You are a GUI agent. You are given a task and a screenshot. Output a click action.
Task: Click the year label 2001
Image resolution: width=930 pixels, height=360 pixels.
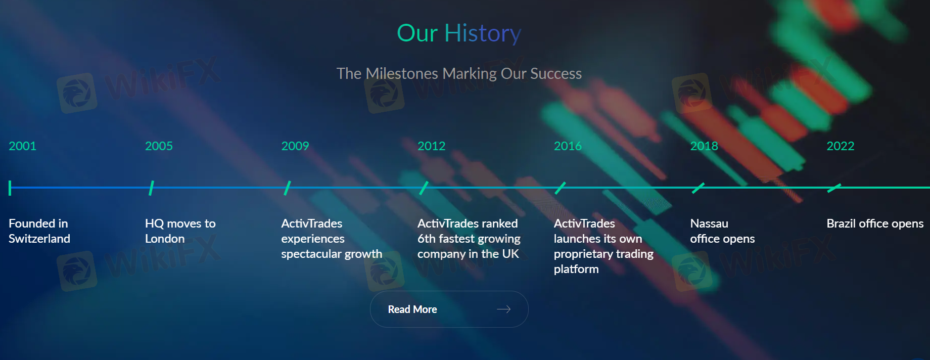(x=23, y=146)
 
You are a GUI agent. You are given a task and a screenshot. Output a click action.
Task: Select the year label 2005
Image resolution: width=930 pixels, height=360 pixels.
(x=159, y=146)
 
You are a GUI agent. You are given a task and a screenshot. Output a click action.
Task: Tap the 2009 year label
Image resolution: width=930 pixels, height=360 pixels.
(x=295, y=146)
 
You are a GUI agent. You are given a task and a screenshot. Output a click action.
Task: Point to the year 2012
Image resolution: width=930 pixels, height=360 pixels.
(x=431, y=146)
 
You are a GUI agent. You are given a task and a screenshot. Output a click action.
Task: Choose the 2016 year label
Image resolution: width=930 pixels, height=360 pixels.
(x=568, y=146)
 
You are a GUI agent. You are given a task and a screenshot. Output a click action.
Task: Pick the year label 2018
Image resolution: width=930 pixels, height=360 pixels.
(x=704, y=146)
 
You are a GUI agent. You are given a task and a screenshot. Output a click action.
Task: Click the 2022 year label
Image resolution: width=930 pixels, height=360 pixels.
(x=841, y=146)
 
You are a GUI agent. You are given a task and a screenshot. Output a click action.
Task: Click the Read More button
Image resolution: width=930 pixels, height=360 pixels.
(x=449, y=309)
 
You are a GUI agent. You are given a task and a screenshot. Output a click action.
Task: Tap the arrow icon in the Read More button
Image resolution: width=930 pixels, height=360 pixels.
(x=504, y=309)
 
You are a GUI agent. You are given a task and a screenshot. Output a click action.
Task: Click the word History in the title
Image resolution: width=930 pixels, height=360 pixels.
(x=483, y=33)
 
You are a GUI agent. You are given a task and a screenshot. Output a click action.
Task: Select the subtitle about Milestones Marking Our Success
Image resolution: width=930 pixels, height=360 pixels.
(x=459, y=74)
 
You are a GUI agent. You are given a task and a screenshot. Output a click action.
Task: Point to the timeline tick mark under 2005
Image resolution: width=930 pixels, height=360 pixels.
(x=152, y=188)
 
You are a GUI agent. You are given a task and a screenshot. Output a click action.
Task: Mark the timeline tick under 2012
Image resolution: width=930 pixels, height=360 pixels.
(x=424, y=188)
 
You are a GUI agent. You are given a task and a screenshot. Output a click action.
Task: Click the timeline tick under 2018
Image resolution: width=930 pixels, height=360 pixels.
(x=698, y=188)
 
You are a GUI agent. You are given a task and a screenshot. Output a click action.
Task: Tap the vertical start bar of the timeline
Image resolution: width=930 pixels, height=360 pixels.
(x=10, y=188)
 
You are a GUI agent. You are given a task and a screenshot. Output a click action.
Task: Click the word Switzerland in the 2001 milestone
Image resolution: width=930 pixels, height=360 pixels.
(x=39, y=239)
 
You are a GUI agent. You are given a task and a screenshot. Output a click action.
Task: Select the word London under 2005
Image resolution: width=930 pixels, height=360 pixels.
(x=165, y=239)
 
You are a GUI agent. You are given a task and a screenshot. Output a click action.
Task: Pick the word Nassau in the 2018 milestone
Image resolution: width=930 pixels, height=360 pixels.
(x=709, y=223)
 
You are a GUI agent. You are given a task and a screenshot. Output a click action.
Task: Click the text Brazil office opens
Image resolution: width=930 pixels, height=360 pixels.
(x=875, y=223)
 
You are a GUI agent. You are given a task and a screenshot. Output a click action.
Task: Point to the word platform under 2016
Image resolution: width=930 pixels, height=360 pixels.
(x=576, y=269)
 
